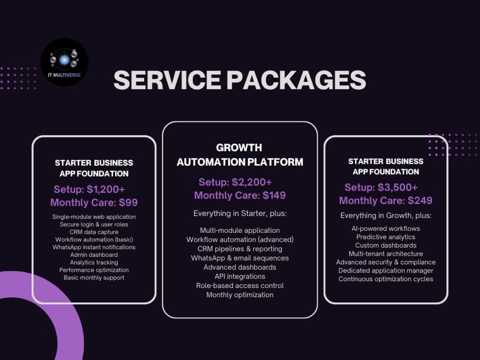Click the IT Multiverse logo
(64, 62)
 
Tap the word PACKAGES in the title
(296, 80)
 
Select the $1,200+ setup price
(106, 189)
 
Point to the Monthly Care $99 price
(94, 203)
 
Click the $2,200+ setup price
(252, 182)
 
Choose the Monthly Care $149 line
(240, 195)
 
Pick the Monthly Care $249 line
(386, 201)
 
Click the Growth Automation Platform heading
(240, 155)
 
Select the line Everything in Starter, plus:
(240, 214)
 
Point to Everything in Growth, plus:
(386, 216)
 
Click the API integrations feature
(240, 276)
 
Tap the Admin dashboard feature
(94, 255)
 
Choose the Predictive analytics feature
(386, 237)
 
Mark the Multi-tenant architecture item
(386, 254)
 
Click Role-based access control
(240, 286)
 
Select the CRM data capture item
(94, 232)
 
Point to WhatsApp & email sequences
(240, 258)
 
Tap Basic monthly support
(94, 277)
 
